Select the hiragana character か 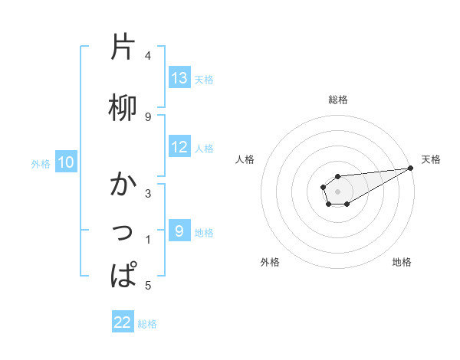coord(123,185)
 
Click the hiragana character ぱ coord(123,275)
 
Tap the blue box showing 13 coord(179,78)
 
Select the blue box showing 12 coord(179,147)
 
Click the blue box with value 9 coord(179,231)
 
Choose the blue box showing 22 coord(123,322)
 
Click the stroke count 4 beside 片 coord(148,56)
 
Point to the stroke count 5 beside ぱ coord(148,286)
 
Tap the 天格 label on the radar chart coord(431,159)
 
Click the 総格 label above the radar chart coord(338,100)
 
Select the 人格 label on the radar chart coord(245,159)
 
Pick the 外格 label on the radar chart coord(270,263)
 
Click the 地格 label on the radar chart coord(402,263)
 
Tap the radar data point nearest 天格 coord(411,169)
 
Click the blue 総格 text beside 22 coord(147,324)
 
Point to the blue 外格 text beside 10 coord(40,163)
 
